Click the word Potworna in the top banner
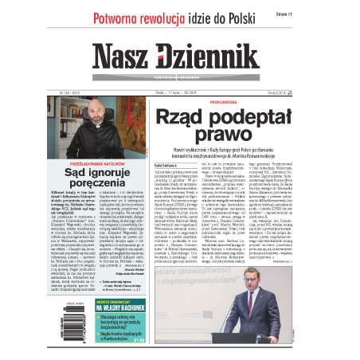coord(119,18)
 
